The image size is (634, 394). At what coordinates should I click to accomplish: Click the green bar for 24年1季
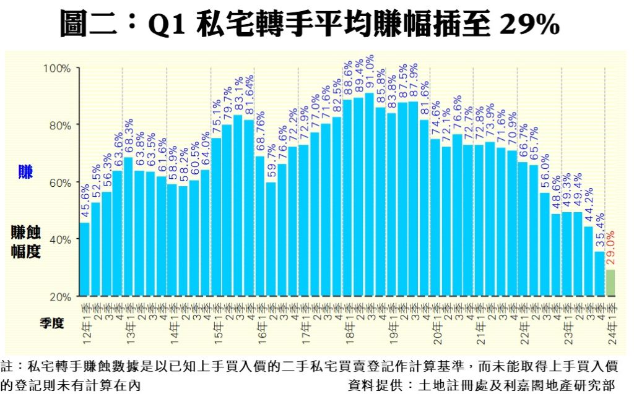(x=610, y=283)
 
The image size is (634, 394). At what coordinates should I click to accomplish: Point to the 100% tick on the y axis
(x=60, y=67)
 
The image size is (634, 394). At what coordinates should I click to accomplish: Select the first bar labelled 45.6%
(x=85, y=259)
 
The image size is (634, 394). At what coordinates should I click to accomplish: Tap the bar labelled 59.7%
(x=271, y=239)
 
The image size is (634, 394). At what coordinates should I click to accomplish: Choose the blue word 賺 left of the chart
(x=25, y=172)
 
